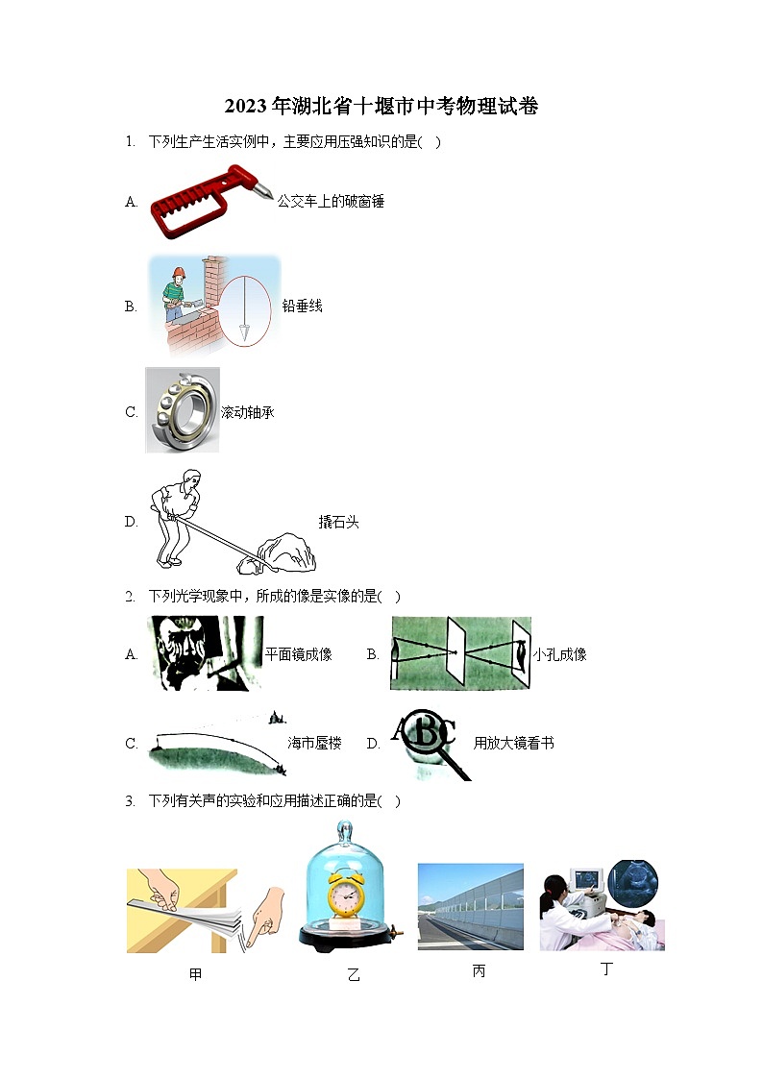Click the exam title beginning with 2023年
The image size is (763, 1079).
click(x=381, y=106)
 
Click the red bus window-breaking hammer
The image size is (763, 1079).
click(x=210, y=202)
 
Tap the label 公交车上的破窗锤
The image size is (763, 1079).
click(x=331, y=202)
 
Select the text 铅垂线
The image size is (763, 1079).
click(x=302, y=307)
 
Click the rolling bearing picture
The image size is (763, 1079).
click(x=183, y=410)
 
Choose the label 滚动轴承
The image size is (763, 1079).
click(x=248, y=412)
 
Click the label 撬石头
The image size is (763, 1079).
click(x=338, y=522)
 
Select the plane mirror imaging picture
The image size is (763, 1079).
click(x=206, y=653)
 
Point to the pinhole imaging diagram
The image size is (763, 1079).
click(x=460, y=653)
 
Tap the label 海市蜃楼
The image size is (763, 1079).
click(x=314, y=743)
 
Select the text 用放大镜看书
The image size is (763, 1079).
click(x=513, y=743)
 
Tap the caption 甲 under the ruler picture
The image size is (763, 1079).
click(x=196, y=974)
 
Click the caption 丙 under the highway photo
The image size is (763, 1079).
click(x=479, y=971)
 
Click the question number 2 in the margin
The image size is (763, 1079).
click(x=129, y=597)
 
